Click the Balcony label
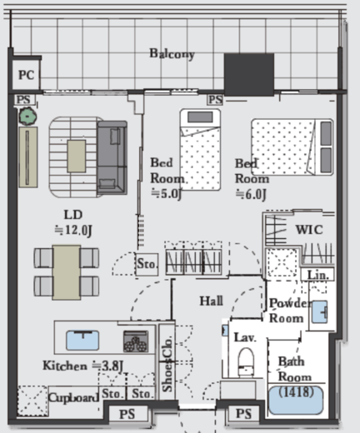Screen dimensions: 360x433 (172, 53)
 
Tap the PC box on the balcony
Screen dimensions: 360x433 (27, 74)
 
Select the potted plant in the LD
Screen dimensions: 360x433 (27, 117)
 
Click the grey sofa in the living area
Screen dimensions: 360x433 (112, 157)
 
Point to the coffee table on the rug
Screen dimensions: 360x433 (77, 156)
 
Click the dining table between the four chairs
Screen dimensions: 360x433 (67, 272)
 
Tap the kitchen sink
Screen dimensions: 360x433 (82, 340)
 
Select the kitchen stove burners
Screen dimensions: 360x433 (136, 341)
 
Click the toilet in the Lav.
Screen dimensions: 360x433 (246, 362)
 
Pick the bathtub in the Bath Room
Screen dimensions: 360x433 (296, 400)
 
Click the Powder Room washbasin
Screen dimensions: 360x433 (319, 312)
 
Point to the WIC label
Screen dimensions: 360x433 (309, 230)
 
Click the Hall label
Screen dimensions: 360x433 (212, 301)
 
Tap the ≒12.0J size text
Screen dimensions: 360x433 (73, 230)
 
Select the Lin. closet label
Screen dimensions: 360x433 (318, 275)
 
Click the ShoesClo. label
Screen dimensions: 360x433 (167, 364)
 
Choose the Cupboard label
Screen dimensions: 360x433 (73, 398)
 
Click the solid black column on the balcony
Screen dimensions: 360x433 (249, 75)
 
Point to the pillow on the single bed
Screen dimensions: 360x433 (200, 117)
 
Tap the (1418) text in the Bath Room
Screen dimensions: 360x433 (296, 392)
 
